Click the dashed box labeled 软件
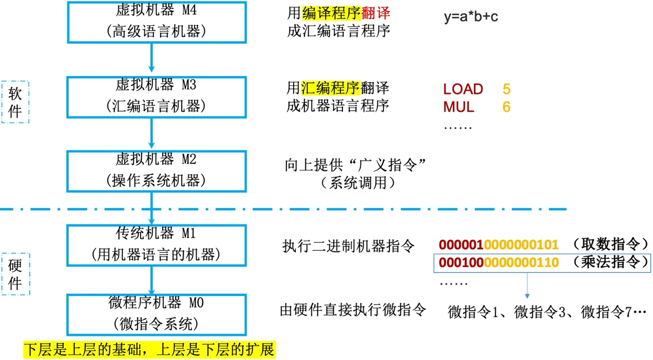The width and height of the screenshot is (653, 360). [15, 101]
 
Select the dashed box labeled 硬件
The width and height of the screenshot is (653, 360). [15, 274]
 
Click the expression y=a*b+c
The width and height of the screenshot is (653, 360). [471, 16]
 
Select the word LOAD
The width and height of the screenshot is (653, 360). [463, 89]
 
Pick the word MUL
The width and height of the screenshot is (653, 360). [458, 107]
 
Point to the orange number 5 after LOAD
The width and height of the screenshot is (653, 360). [507, 89]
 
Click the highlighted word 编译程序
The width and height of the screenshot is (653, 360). [325, 14]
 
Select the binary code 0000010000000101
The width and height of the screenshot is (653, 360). [498, 245]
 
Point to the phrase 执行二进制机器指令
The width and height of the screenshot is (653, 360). [348, 246]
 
